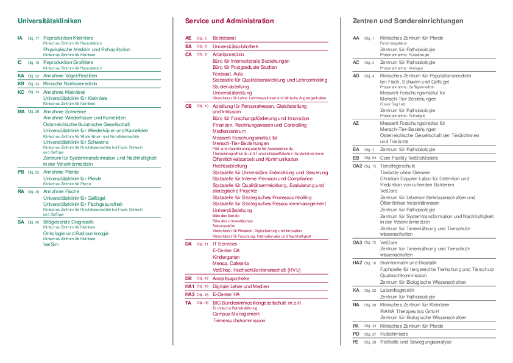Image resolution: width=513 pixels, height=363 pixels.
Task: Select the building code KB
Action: [x=21, y=83]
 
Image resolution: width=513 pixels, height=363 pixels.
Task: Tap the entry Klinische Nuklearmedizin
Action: [x=71, y=83]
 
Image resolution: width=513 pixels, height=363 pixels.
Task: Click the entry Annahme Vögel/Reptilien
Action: [x=70, y=76]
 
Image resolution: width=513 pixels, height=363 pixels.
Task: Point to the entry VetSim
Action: [x=51, y=244]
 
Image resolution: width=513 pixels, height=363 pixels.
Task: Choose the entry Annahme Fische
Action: [x=62, y=191]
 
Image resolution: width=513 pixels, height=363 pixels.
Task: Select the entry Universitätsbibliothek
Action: [x=235, y=46]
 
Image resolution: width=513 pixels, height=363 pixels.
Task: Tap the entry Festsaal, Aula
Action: [x=228, y=74]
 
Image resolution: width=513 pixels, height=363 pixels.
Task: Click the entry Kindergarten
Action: [x=226, y=257]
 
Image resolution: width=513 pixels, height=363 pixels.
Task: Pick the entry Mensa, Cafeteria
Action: [x=231, y=263]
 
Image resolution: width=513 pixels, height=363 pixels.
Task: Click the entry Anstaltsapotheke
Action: [x=231, y=278]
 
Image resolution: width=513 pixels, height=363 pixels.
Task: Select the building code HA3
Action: [x=190, y=294]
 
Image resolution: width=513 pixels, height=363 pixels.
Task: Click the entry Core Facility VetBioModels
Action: [x=409, y=157]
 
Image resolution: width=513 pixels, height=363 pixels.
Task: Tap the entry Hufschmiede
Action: [x=394, y=334]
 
